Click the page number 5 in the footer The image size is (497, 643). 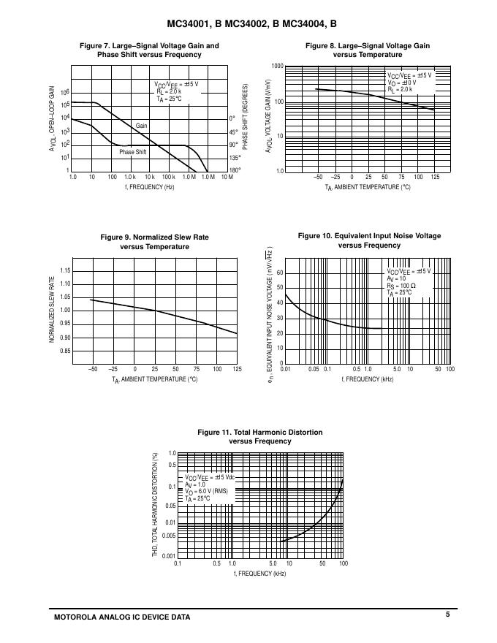click(x=447, y=615)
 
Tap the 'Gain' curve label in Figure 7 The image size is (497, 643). click(x=142, y=126)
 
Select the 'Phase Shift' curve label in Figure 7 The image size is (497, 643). click(x=133, y=152)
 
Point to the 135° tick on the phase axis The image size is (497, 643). click(x=235, y=158)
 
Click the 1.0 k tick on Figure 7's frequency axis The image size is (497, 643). click(x=130, y=178)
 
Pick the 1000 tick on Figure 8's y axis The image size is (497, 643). click(x=277, y=66)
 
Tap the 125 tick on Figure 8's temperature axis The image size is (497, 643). click(x=436, y=178)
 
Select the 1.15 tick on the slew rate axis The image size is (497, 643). click(x=65, y=271)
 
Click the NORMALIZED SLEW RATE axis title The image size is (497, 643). click(x=52, y=310)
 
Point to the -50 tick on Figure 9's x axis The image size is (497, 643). click(x=93, y=369)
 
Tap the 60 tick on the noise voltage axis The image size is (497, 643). click(x=279, y=273)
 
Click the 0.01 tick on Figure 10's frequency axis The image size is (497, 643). click(x=285, y=370)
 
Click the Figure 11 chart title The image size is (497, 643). click(x=260, y=437)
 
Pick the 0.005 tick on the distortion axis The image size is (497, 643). click(x=169, y=536)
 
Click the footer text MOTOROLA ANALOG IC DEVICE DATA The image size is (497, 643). click(x=122, y=617)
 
